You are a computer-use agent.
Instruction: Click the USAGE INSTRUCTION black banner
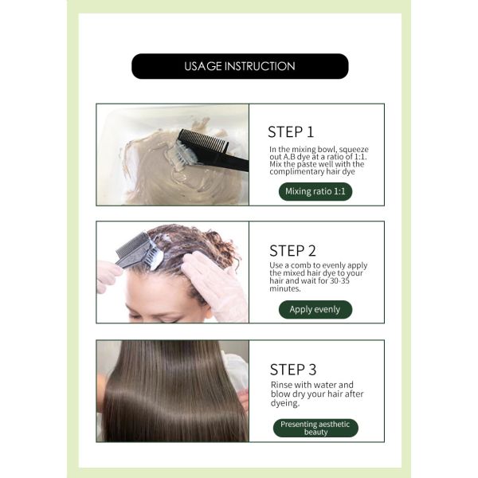[x=239, y=66]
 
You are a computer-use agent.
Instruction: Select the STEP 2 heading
[x=292, y=251]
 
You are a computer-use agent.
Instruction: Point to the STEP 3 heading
[x=292, y=370]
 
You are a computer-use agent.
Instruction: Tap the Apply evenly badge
[x=315, y=310]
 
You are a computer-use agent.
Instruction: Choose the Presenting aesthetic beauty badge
[x=315, y=428]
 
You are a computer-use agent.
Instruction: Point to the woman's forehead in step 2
[x=155, y=295]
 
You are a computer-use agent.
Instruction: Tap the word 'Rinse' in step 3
[x=282, y=384]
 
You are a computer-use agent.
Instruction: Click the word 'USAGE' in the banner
[x=202, y=66]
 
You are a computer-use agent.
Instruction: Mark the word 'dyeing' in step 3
[x=285, y=403]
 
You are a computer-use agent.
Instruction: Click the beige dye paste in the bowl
[x=155, y=171]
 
